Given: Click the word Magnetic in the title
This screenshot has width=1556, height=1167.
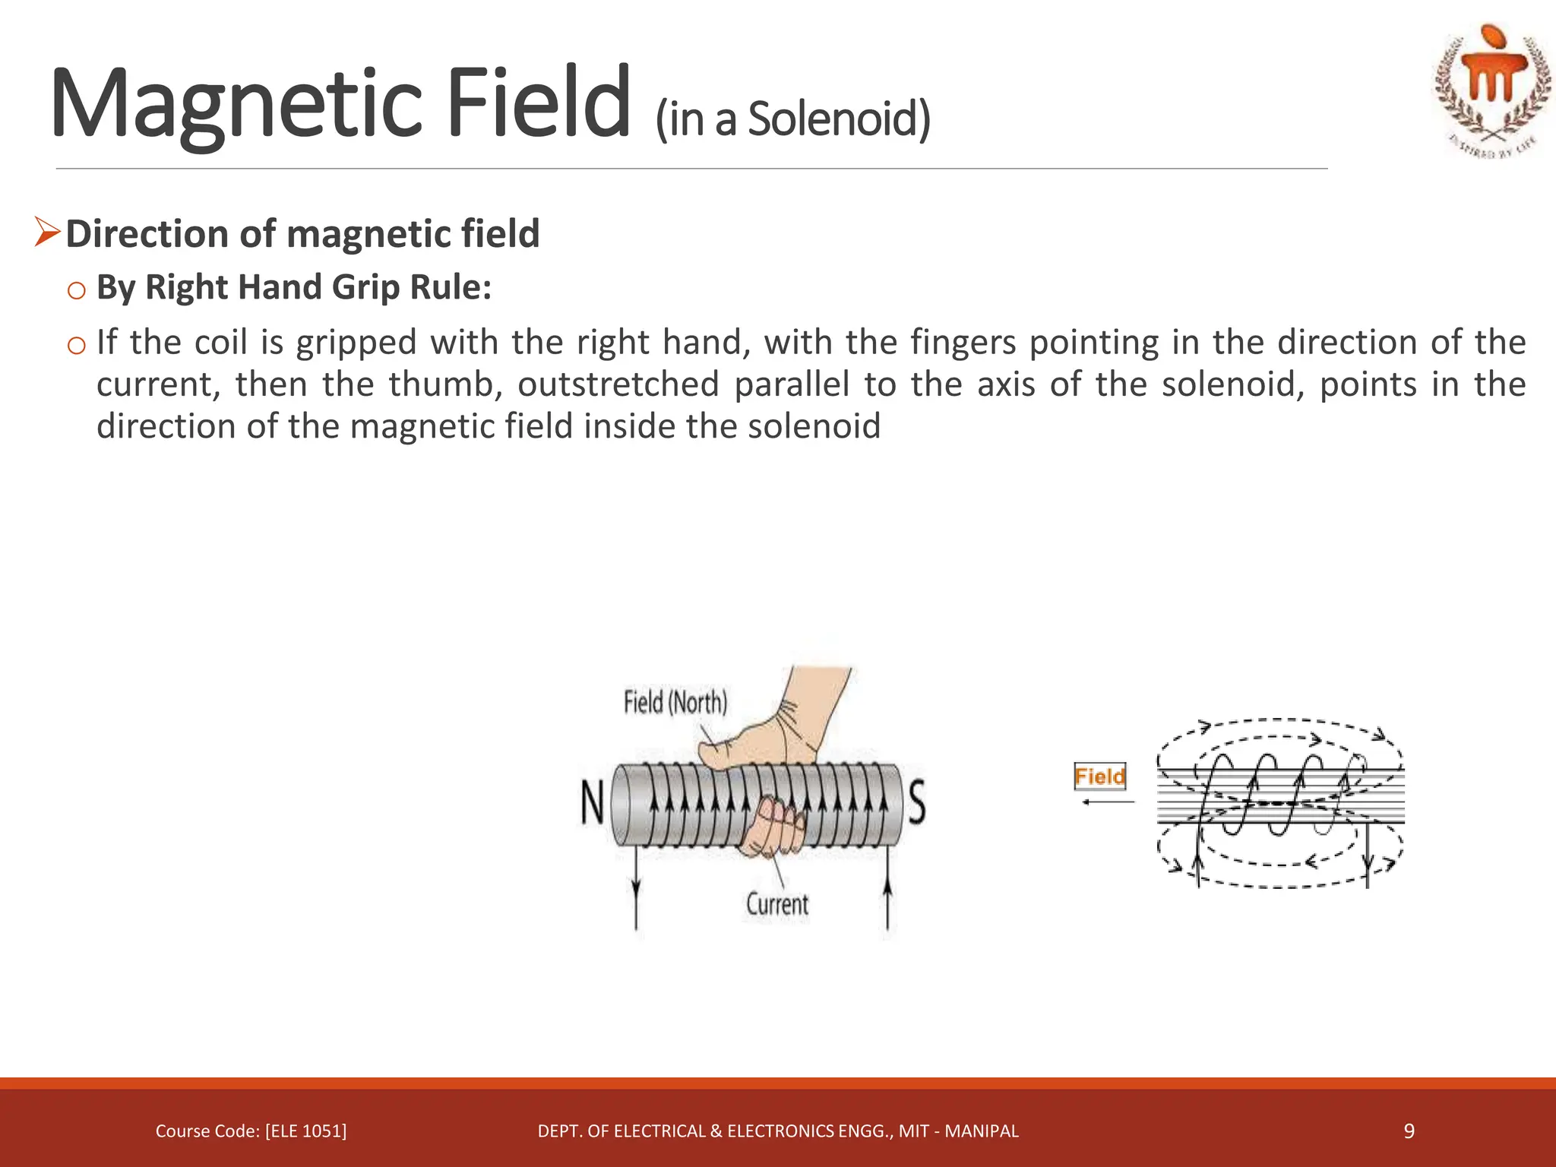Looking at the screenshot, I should click(x=236, y=104).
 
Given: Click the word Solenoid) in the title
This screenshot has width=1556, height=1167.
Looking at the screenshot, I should click(x=839, y=119).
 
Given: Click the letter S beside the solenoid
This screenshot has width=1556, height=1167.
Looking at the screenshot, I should click(x=917, y=804).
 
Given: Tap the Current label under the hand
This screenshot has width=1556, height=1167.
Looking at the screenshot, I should click(x=776, y=904).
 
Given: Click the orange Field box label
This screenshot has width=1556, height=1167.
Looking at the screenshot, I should click(x=1099, y=776).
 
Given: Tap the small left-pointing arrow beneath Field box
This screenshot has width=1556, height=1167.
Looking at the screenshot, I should click(x=1107, y=802).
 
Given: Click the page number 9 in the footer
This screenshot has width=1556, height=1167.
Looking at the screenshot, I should click(x=1409, y=1131).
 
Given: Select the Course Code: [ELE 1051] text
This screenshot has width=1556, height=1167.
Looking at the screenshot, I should click(x=251, y=1131).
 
